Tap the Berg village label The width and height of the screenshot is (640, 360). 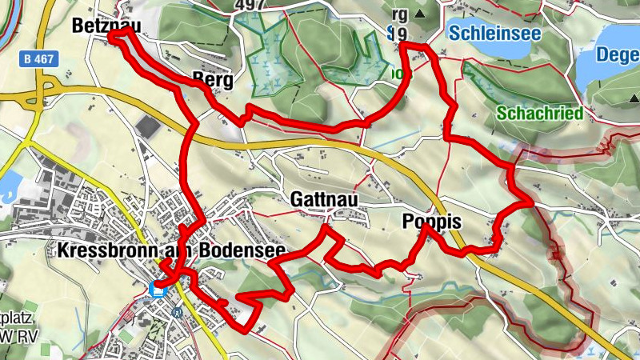[212, 81]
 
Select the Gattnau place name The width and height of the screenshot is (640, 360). [323, 199]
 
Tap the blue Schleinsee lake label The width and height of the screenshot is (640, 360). [494, 33]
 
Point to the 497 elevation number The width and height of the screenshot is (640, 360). [250, 6]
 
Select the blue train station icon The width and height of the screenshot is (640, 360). [158, 290]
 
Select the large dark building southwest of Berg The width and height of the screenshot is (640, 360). [149, 126]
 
